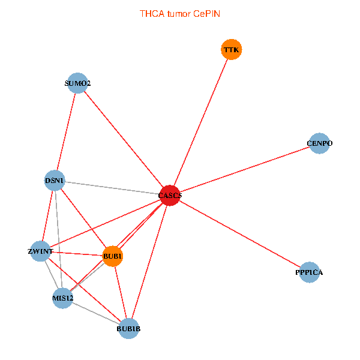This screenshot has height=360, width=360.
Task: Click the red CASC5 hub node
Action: coord(170,195)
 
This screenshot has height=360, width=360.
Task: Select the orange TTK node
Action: coord(232,50)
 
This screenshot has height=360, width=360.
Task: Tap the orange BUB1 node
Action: coord(113,257)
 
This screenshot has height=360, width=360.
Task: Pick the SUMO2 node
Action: coord(77,83)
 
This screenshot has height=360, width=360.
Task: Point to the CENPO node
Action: coord(319,143)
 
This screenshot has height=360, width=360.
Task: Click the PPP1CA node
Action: coord(309,272)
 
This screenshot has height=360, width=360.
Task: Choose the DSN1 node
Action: coord(55,180)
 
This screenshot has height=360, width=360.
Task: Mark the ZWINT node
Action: coord(40,252)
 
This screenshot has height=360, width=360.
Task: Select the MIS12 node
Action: coord(62,298)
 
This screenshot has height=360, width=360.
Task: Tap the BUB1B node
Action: coord(128,328)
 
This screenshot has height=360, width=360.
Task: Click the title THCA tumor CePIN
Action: coord(179,13)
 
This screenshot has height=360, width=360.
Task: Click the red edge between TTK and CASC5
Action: coord(201,122)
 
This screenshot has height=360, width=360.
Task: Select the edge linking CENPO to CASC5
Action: coord(245,169)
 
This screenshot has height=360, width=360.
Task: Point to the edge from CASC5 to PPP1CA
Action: coord(239,233)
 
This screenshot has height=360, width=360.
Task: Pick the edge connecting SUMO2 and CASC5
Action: coord(124,139)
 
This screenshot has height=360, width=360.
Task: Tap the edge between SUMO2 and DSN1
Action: coord(66,131)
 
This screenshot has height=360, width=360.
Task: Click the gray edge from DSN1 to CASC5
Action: coord(112,187)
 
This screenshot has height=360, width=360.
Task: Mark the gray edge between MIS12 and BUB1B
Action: coord(95,313)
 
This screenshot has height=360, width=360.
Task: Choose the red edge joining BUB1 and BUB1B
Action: coord(121,293)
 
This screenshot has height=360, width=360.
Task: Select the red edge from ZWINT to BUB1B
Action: coord(84,290)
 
